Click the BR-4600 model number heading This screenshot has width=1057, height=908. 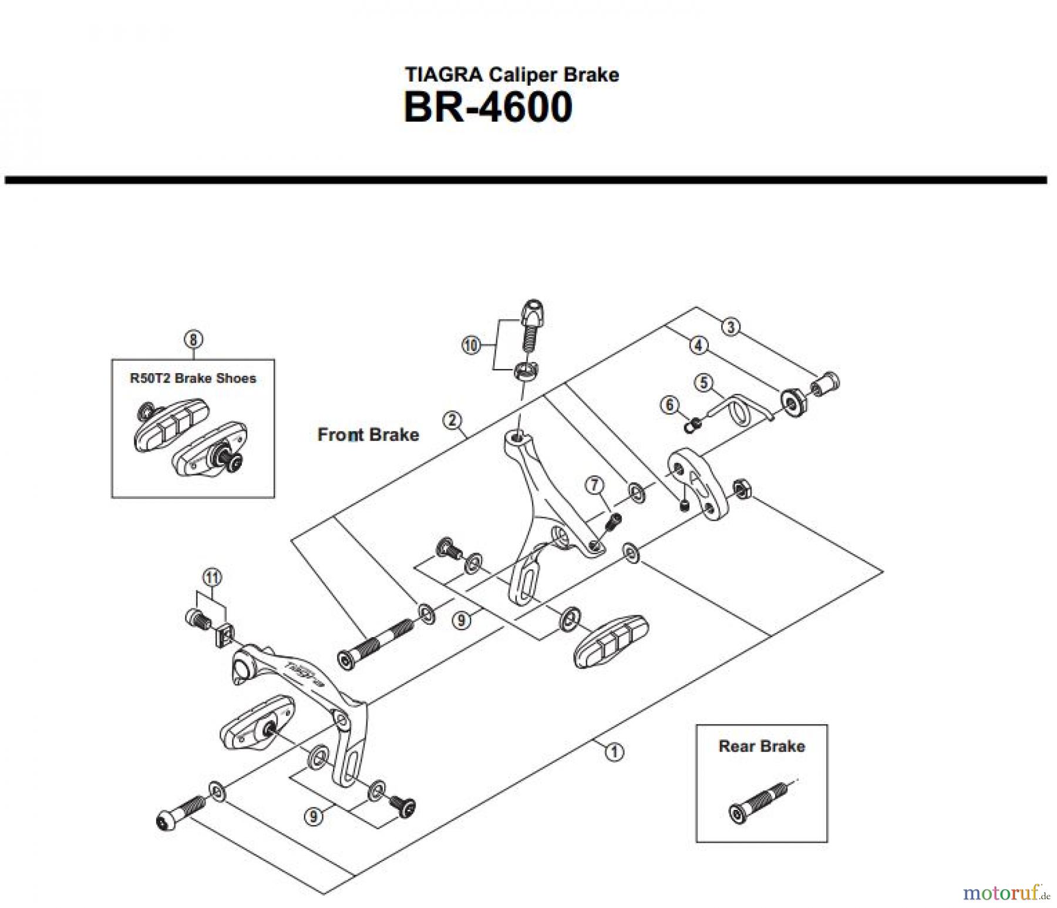tap(487, 108)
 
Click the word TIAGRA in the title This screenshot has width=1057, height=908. tap(444, 75)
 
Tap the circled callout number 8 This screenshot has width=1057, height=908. tap(193, 339)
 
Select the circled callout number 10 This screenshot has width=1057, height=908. tap(471, 345)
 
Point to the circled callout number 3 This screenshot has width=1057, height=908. tap(731, 327)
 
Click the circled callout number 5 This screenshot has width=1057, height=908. tap(703, 383)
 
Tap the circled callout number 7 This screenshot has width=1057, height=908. tap(594, 485)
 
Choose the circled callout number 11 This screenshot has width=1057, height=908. tap(212, 578)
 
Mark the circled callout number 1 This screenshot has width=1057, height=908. tap(614, 752)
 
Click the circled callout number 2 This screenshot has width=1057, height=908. tap(452, 421)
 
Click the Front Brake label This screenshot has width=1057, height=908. tap(368, 435)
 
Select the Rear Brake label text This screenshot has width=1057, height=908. tap(761, 746)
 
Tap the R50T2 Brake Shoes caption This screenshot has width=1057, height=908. tap(193, 378)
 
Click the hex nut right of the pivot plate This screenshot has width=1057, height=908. tap(740, 488)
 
